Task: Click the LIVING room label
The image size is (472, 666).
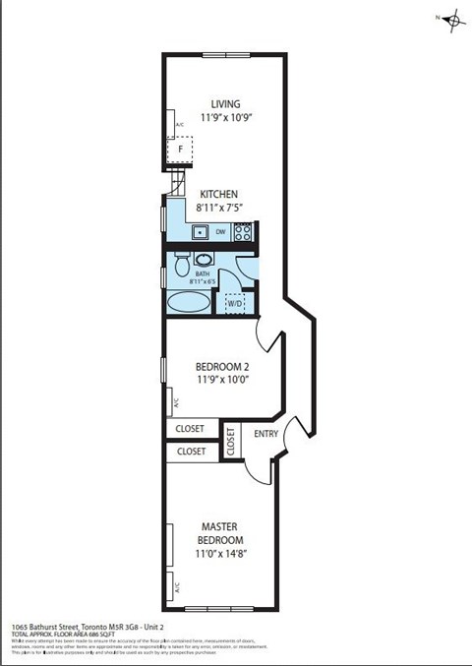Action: pos(225,103)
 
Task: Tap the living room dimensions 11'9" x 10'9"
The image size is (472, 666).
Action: pos(225,118)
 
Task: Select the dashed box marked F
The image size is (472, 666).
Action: pos(180,150)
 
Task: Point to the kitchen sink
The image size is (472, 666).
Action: pos(200,233)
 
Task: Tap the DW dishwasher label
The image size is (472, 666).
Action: pos(221,233)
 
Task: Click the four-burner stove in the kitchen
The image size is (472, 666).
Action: pos(243,233)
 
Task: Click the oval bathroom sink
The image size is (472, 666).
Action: pos(203,259)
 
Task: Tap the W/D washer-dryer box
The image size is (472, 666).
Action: pos(235,303)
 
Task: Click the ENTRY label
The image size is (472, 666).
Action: pos(265,434)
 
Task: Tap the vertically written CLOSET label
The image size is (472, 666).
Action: pos(230,442)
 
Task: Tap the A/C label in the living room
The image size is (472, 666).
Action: pos(179,125)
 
